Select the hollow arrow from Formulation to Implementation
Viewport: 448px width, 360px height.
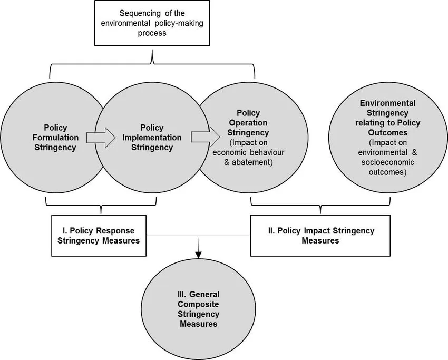[x=101, y=138]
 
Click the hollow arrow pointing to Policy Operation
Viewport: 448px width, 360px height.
[x=206, y=138]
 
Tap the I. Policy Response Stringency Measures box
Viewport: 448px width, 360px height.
[x=99, y=236]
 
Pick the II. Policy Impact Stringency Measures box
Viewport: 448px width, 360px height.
[x=320, y=236]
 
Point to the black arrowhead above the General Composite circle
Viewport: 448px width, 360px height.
[x=198, y=256]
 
